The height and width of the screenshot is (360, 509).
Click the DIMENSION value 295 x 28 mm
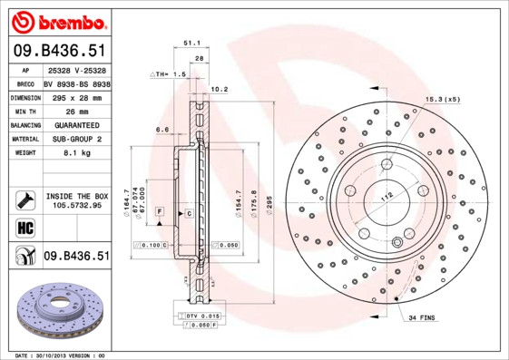(74, 97)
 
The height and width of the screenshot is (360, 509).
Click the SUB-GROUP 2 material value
(75, 141)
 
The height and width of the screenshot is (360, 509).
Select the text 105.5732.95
(76, 206)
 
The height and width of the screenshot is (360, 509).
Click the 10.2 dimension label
(219, 90)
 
